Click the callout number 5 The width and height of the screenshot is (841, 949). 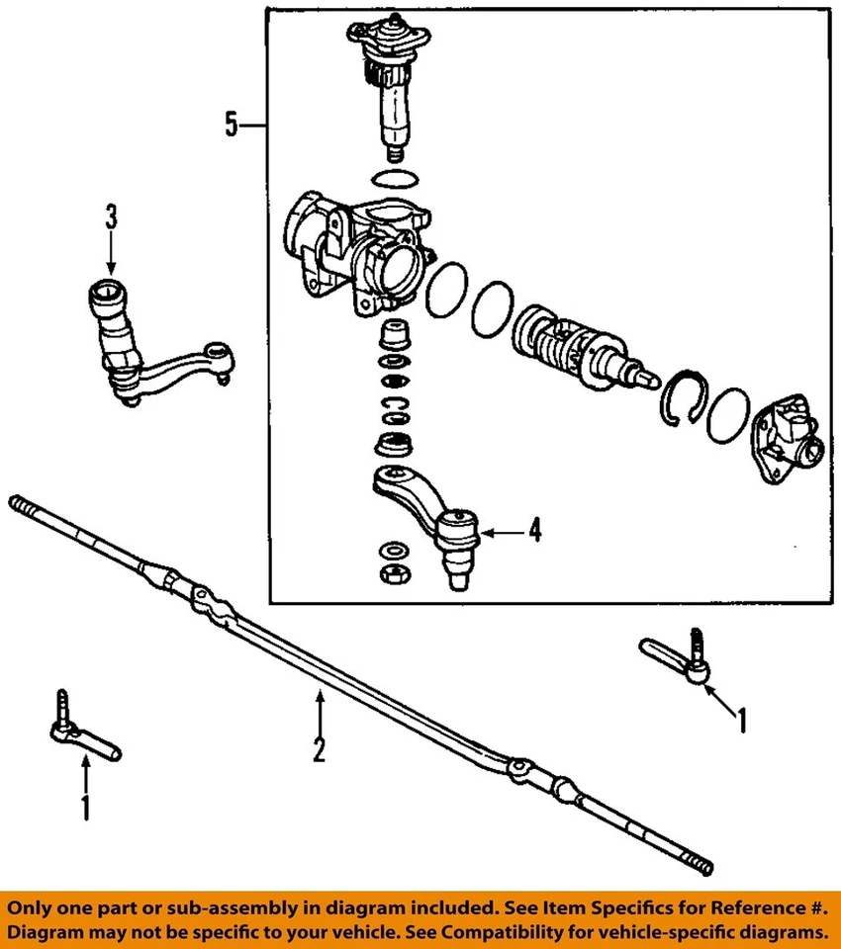[x=231, y=126]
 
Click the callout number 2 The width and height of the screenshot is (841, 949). [x=319, y=750]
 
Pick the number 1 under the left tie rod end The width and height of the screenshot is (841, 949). [x=85, y=807]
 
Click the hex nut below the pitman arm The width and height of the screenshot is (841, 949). [x=393, y=573]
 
